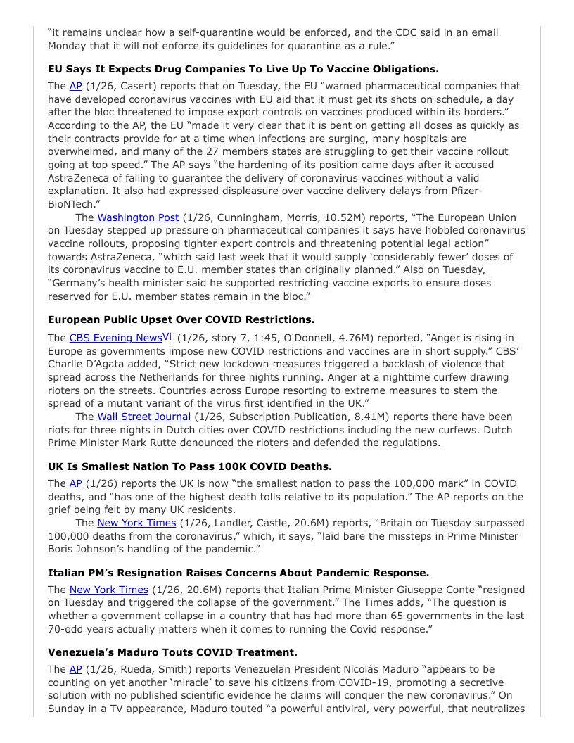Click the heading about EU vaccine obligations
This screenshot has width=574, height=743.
click(x=243, y=69)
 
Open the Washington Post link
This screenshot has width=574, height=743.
click(x=138, y=217)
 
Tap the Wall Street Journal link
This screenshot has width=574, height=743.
click(x=143, y=417)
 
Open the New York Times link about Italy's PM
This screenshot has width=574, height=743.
click(x=109, y=590)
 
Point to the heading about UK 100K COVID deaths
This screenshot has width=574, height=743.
click(x=189, y=466)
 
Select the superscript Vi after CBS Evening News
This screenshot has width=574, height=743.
click(x=167, y=336)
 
